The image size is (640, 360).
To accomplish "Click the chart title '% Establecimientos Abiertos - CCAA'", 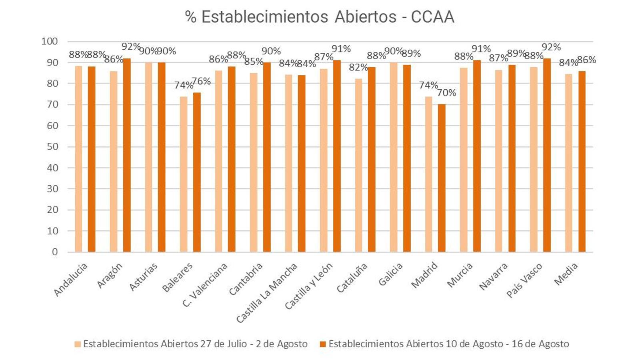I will coord(319,17).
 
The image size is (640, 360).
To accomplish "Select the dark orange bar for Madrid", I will coord(442,178).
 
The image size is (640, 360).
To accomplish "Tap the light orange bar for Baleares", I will coord(184,174).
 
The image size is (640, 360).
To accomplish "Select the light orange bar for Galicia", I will coord(394,157).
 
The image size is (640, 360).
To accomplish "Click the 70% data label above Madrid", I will coord(446,93).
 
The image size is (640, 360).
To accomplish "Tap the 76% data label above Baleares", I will coord(201,81).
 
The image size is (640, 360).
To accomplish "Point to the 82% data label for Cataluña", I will coord(358,68).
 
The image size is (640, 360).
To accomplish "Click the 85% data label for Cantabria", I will coord(254,62).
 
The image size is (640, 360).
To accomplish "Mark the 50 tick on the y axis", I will coord(52,147).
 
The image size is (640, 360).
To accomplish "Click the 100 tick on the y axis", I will coord(50,41).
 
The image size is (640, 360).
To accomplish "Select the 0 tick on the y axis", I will coord(55,252).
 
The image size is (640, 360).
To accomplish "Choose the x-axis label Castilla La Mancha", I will coord(267,292).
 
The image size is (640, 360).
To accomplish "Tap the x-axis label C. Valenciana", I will coord(205,284).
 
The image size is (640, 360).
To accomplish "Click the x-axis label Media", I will coord(566,274).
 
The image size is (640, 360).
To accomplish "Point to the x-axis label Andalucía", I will coord(70,280).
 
